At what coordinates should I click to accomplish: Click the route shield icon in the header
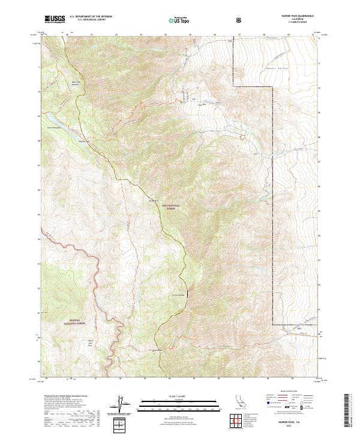[239, 20]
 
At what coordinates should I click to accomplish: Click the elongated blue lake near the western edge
[52, 122]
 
